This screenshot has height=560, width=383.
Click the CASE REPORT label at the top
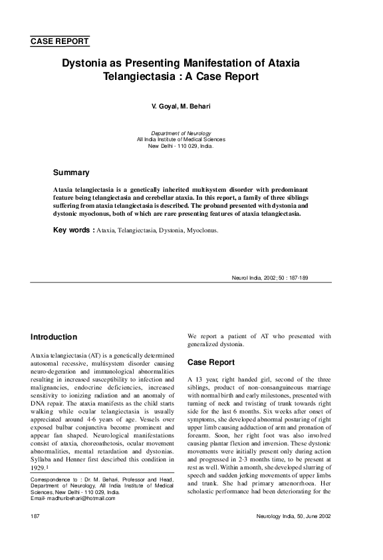(x=60, y=41)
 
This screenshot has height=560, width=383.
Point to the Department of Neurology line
(x=181, y=133)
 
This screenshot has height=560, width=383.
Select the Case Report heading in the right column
(x=211, y=363)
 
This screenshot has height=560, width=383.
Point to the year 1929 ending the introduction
(x=40, y=468)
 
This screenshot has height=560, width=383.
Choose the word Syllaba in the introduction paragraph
(x=44, y=459)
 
